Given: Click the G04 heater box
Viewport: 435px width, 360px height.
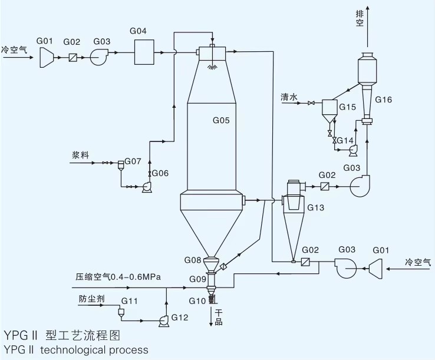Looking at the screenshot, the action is [x=144, y=52].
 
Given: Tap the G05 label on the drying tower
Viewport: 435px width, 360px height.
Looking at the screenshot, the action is [x=221, y=120].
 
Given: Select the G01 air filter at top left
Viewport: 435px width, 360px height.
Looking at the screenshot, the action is [x=47, y=57].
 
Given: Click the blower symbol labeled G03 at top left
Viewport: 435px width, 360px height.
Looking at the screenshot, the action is [x=99, y=57].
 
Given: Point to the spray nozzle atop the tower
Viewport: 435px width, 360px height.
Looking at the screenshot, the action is [x=212, y=67].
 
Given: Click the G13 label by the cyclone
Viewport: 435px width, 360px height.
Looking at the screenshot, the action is [x=315, y=207].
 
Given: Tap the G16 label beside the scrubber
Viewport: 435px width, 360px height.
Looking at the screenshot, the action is [x=383, y=100].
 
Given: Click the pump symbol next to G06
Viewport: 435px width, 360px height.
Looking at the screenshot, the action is [x=146, y=187].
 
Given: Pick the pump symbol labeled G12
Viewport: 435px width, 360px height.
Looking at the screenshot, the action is [x=164, y=321].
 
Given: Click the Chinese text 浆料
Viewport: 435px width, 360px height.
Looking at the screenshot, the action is [x=80, y=155].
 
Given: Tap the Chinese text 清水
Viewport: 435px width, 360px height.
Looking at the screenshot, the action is [x=289, y=97].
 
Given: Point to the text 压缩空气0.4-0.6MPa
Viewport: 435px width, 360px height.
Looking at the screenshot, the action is [x=118, y=276].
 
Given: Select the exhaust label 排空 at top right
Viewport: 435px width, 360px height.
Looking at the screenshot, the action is [x=360, y=18].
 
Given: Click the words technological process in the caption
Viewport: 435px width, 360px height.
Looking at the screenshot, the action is [x=94, y=350].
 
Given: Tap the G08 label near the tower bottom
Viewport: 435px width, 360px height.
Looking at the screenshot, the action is [x=193, y=260].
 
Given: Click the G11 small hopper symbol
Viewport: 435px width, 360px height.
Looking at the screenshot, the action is [x=121, y=312].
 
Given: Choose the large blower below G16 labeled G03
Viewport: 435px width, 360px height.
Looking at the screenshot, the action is [x=360, y=186].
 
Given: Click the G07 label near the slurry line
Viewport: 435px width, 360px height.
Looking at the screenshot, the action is [x=133, y=161].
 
